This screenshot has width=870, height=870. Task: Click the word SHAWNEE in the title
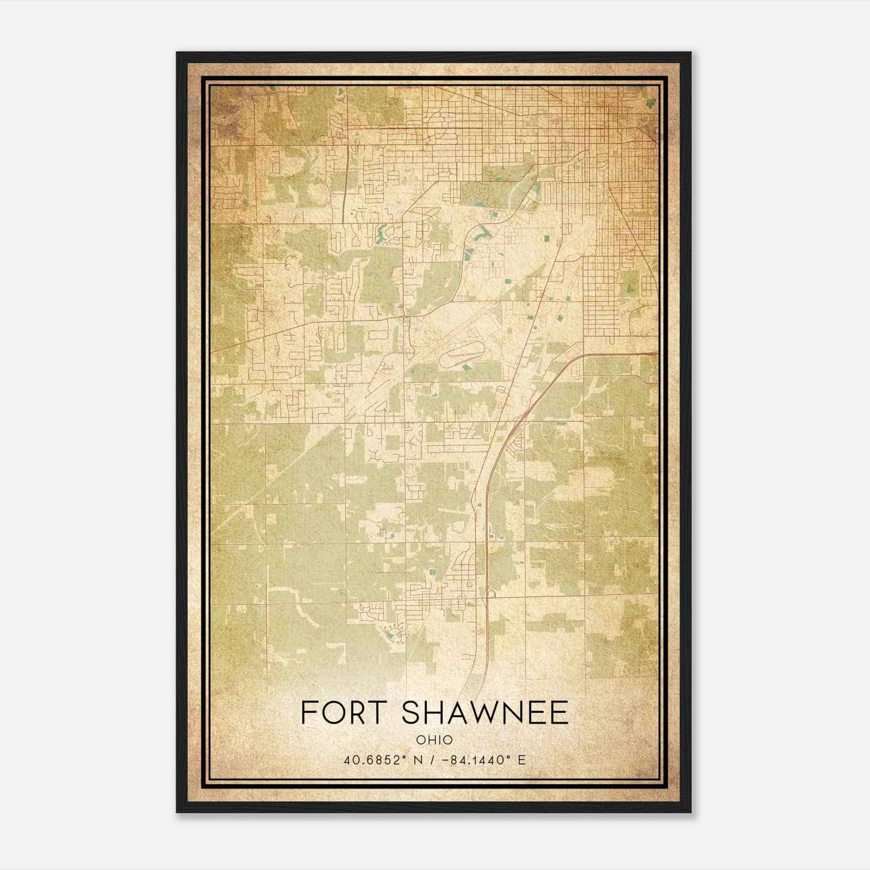pos(487,713)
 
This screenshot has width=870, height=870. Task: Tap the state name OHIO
pos(434,740)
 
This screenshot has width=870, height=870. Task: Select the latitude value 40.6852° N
pos(376,760)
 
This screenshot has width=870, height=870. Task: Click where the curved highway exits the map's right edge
pos(656,354)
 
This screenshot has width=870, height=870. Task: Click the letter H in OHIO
pos(429,740)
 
